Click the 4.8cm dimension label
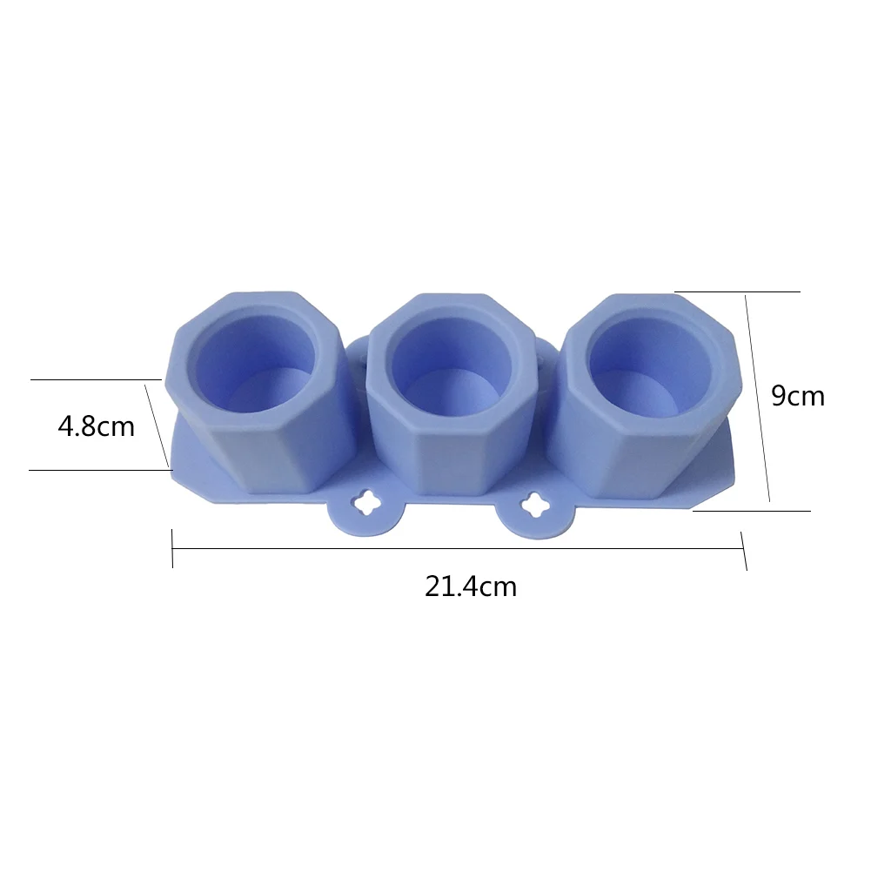click(x=96, y=427)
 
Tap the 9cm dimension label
click(x=798, y=396)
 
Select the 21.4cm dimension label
click(x=471, y=586)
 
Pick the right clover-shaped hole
click(x=533, y=502)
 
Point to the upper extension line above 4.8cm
click(x=96, y=379)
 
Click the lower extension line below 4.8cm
click(x=96, y=470)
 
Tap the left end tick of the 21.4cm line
click(x=172, y=548)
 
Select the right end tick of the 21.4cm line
click(x=744, y=551)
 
